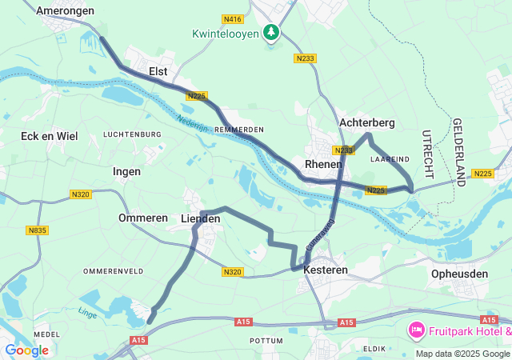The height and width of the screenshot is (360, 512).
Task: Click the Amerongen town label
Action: coord(66,11)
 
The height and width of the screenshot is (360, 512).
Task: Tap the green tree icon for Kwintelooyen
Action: coord(273,33)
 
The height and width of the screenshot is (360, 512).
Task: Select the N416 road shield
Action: coord(234,18)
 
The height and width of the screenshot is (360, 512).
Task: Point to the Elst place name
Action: coord(158,72)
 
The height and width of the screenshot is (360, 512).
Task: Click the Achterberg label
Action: coord(367,122)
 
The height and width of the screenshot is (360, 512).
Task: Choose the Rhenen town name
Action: coord(324,164)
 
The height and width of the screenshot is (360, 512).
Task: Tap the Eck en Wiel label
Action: coord(50,136)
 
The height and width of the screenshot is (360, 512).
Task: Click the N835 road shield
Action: coord(37,230)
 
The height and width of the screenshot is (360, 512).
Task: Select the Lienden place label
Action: coord(201,218)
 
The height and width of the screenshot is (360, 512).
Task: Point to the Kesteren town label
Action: coord(326,270)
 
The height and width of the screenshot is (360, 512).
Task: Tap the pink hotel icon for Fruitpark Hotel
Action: coord(416,330)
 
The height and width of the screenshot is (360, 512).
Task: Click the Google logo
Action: coord(26,350)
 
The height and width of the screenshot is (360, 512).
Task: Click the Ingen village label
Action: coord(126,171)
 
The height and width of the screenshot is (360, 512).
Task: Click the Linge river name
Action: coord(88,311)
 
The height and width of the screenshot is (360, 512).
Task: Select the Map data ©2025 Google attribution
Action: coord(462,354)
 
